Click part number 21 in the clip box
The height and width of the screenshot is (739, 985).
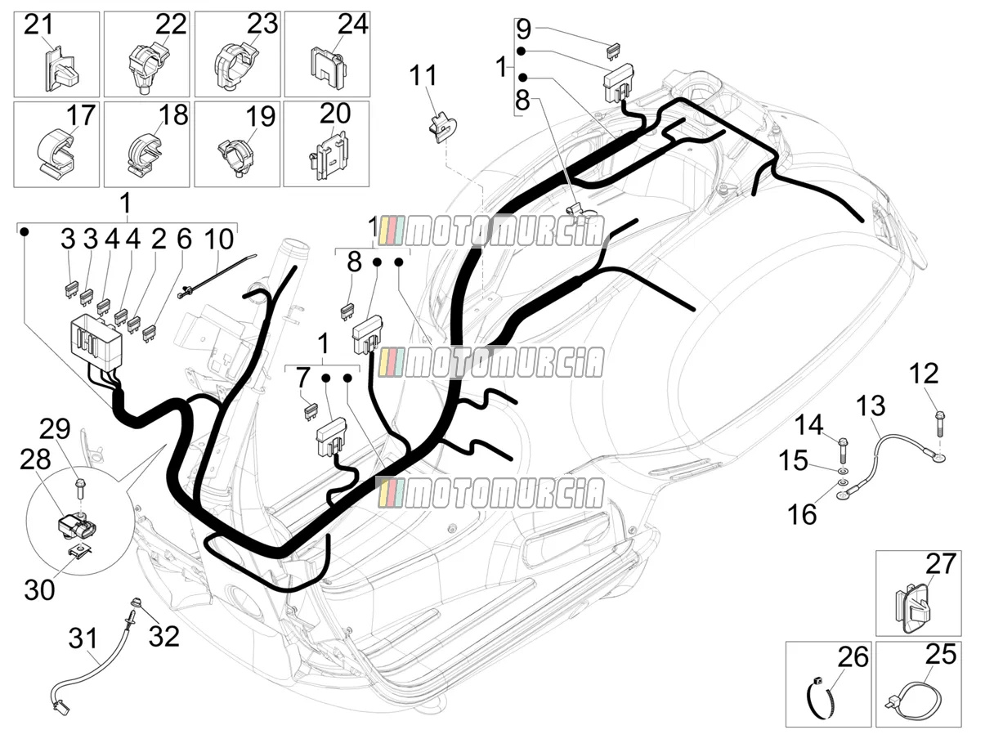38,25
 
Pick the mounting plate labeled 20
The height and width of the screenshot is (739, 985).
328,155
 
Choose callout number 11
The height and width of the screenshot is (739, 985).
423,76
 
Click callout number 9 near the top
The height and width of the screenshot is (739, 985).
524,29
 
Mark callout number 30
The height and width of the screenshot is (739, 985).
39,589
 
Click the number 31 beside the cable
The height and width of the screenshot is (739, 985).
83,638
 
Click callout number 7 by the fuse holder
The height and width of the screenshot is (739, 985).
303,378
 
